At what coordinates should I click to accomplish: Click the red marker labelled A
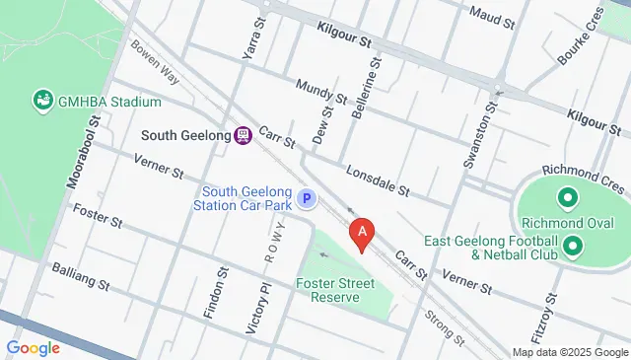[362, 233]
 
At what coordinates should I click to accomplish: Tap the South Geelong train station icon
[242, 135]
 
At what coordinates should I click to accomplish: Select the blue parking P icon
[307, 199]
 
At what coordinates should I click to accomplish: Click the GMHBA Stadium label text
[108, 101]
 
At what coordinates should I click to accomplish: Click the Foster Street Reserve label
[337, 290]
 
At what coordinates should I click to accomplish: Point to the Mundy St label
[320, 92]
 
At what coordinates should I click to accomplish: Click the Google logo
[34, 347]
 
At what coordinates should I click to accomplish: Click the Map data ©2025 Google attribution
[569, 352]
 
